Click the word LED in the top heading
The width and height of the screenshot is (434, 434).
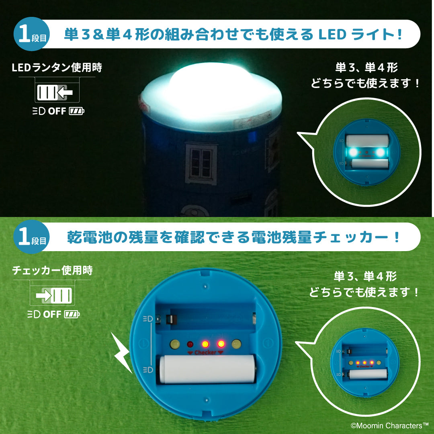click(332, 35)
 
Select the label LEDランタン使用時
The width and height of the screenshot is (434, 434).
click(57, 68)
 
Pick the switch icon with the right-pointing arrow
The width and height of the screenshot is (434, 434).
click(54, 296)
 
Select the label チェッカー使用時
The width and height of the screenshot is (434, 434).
click(52, 270)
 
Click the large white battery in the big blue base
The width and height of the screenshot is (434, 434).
click(207, 368)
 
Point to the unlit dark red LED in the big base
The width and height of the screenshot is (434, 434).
click(190, 344)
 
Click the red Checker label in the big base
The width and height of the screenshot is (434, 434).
click(205, 353)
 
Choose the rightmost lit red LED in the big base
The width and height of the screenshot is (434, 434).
click(221, 344)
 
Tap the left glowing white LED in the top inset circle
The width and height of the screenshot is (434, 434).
click(352, 152)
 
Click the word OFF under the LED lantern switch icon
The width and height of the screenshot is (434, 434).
click(57, 111)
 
